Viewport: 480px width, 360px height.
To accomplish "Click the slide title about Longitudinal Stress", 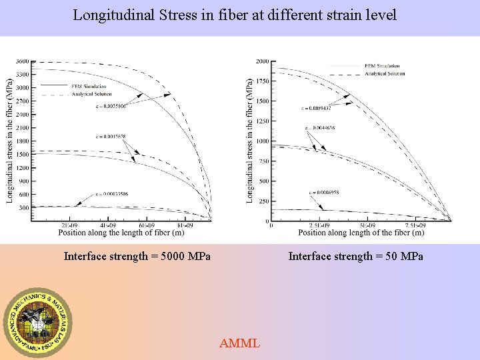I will [x=235, y=15].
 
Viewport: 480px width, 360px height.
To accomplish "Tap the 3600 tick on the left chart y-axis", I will [x=23, y=61].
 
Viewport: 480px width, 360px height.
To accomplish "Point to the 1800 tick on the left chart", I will [x=23, y=141].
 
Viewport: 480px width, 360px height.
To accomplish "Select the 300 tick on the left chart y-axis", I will [x=24, y=207].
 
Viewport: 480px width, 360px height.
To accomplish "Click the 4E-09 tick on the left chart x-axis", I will [x=107, y=225].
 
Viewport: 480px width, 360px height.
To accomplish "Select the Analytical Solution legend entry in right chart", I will [x=385, y=73].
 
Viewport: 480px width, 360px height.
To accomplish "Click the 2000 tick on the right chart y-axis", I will [x=263, y=61].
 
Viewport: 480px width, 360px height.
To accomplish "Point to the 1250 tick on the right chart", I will [x=262, y=121].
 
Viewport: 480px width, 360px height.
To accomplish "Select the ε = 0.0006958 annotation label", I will [x=323, y=193].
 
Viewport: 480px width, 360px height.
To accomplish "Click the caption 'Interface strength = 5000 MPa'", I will [x=137, y=257].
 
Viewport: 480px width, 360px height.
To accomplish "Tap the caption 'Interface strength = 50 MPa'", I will [x=355, y=257].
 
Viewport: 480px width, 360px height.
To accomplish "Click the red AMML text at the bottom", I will [x=239, y=343].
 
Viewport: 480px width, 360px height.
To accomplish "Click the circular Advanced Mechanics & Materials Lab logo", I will [x=39, y=322].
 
